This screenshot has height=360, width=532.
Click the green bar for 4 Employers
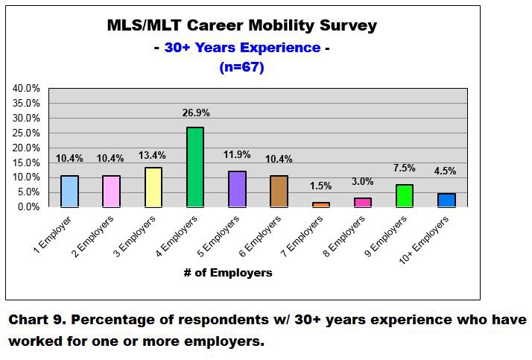194,166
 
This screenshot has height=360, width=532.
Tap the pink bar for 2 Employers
110,191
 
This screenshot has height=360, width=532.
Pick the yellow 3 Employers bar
153,186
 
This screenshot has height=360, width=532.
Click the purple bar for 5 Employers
237,189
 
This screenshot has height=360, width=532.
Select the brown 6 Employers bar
279,191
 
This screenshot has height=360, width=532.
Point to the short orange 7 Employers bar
321,204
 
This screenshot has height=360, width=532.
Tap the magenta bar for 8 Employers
363,202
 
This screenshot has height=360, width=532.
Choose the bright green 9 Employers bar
405,195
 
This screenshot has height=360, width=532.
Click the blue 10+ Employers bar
447,200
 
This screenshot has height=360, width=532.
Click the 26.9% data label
194,113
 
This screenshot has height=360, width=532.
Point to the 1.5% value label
321,186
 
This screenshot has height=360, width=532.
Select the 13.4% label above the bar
153,154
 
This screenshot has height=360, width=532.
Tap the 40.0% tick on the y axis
26,88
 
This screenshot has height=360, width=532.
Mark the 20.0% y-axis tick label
26,148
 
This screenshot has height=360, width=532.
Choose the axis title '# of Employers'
228,273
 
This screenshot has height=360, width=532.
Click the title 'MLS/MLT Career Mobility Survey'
242,25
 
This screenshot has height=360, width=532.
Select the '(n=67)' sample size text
242,67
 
